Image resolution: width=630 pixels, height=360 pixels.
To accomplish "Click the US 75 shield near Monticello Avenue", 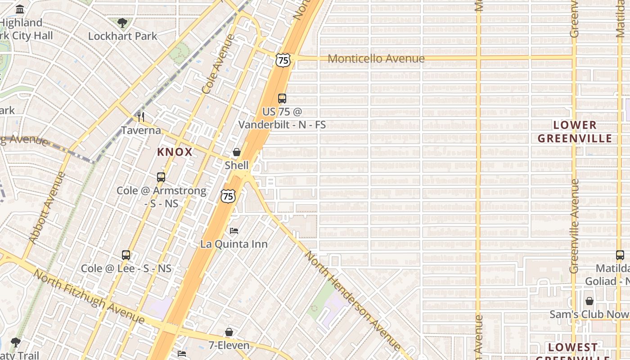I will coord(283,60).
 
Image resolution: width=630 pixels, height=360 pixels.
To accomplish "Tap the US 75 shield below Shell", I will coord(228,196).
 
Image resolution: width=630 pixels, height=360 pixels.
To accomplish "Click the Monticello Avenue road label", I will coord(376,58).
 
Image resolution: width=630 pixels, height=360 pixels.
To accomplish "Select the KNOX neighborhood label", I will coord(175,152).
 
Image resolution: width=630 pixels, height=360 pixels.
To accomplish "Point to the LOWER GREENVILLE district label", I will coord(575,131).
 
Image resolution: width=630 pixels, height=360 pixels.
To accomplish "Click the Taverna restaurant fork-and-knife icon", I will coord(141,117).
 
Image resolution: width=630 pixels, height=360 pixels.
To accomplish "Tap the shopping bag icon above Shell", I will coord(237,152).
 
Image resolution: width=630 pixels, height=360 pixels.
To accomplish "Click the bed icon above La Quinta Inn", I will coord(234,231).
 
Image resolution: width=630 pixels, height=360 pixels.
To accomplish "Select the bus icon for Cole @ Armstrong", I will coord(161,177).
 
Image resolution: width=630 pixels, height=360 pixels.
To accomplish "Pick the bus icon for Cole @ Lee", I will coord(126,255).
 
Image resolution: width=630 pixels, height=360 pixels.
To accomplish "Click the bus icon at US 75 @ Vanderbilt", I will coord(282,98).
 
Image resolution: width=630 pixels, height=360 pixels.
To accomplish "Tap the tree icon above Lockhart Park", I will coord(122,22).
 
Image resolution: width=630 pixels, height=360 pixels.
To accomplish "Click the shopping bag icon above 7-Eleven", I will coord(229,333).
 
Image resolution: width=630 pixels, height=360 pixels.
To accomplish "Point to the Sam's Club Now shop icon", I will coord(589,301).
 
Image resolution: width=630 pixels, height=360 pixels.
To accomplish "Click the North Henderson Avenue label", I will coord(352,301).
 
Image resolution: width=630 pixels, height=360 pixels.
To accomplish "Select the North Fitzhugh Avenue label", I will coord(89,297).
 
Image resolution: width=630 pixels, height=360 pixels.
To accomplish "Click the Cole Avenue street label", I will coord(219,63).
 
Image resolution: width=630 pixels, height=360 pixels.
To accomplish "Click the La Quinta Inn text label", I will coord(234,244).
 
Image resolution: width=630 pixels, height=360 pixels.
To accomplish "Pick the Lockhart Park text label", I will coord(122,36).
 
